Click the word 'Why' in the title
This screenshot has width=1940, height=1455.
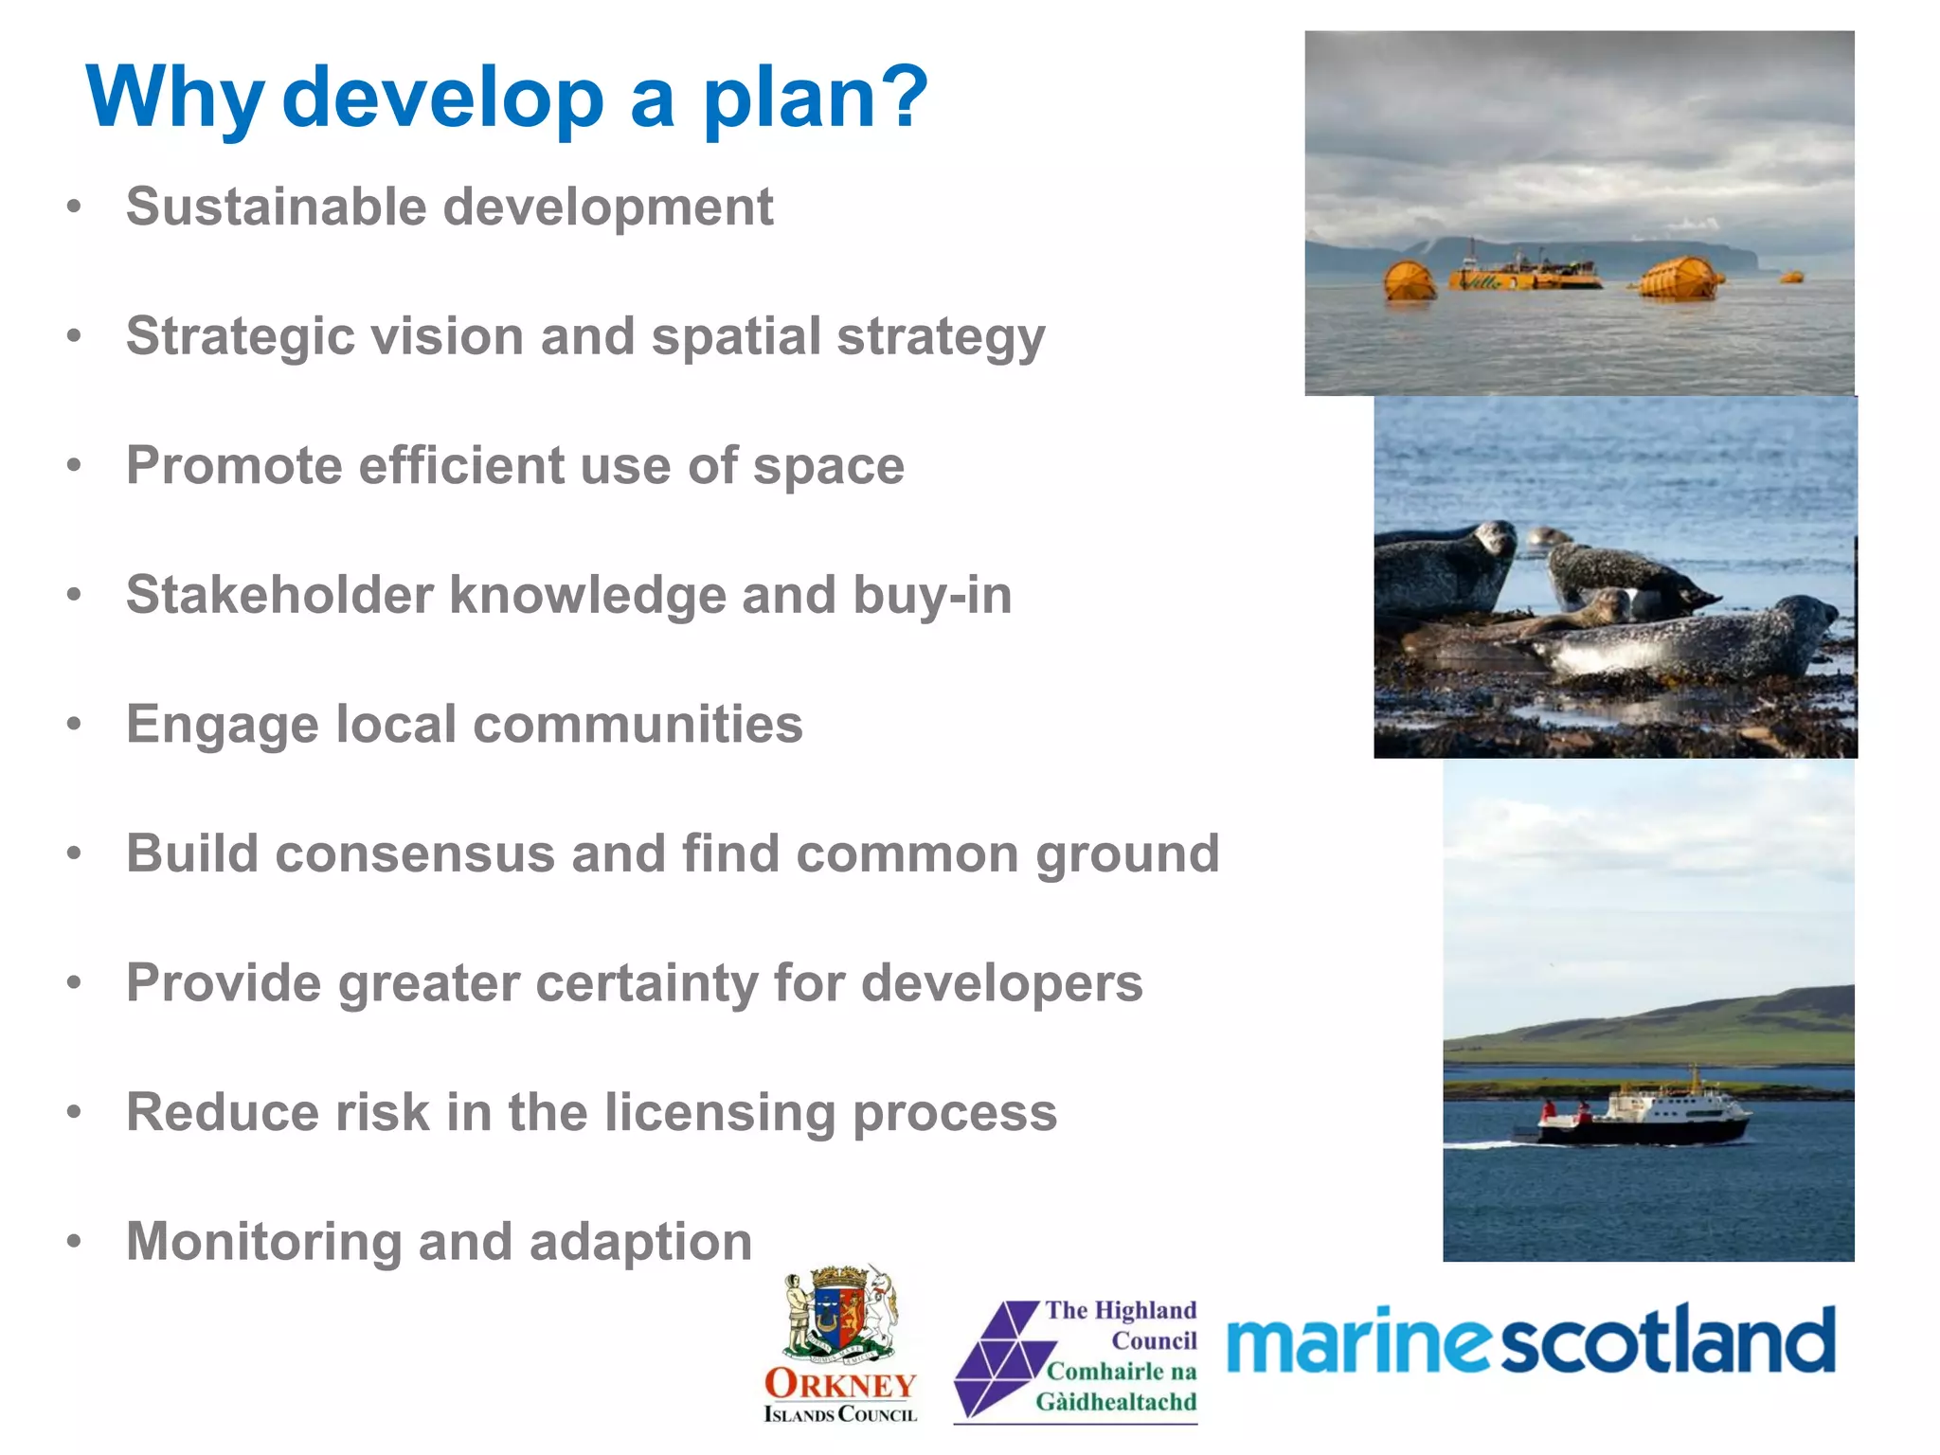(x=174, y=98)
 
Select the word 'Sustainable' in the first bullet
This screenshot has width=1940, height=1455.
(x=276, y=207)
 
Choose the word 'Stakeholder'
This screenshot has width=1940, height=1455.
(x=279, y=595)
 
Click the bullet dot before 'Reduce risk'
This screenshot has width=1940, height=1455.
(x=74, y=1111)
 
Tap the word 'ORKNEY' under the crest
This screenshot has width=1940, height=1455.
(x=840, y=1384)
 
